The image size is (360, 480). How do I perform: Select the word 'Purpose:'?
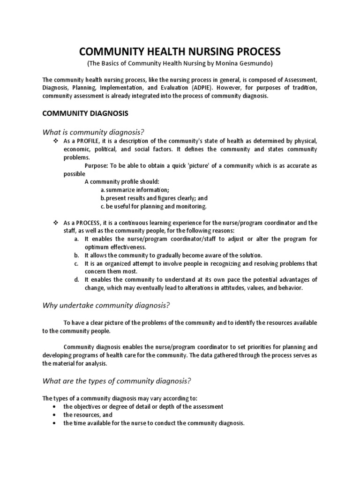97,165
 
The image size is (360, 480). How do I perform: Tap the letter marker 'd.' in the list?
76,280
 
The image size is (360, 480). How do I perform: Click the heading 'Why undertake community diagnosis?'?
106,306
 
